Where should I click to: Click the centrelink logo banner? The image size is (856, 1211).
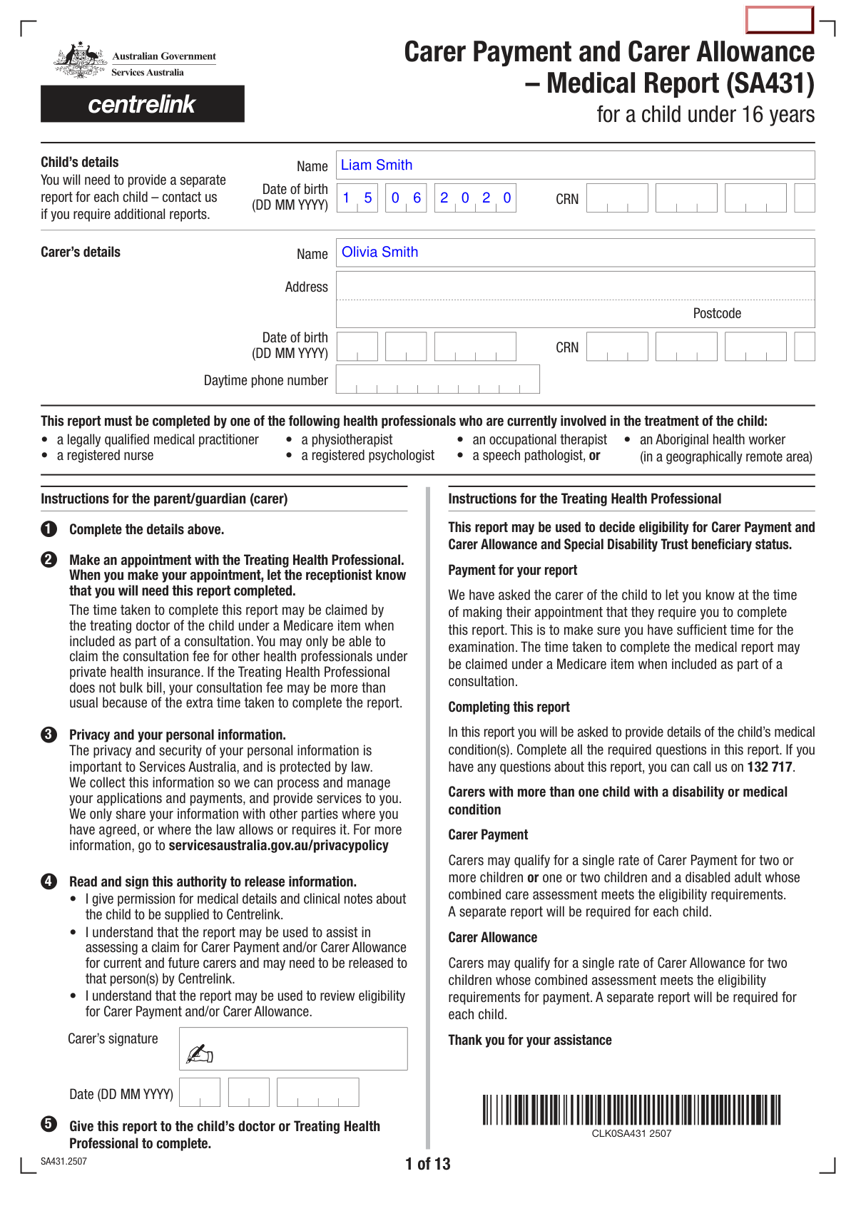pos(142,104)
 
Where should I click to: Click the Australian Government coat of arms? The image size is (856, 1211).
pos(80,61)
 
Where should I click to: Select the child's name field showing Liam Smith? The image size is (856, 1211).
pos(574,165)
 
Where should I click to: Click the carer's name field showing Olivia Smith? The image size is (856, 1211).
pos(574,252)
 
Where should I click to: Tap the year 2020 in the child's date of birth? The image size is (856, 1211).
pos(475,198)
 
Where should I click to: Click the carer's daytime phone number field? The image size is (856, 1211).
pos(437,379)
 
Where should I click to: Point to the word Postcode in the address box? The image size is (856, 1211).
pos(716,314)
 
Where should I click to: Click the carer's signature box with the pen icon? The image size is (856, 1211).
pos(293,1048)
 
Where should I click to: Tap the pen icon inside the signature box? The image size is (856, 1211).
pos(200,1053)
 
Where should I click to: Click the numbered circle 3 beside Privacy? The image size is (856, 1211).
pos(49,735)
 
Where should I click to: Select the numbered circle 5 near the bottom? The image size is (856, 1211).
pos(49,1124)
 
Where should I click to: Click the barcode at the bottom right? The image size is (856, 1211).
pos(631,1110)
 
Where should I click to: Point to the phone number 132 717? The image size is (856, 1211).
pos(770,767)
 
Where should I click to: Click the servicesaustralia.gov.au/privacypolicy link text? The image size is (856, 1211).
pos(278,846)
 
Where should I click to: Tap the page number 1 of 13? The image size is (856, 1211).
pos(427,1164)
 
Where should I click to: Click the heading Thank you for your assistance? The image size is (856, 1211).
pos(529,1040)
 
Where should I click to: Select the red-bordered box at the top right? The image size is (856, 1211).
pos(779,20)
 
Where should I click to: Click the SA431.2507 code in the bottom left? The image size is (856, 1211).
pos(63,1161)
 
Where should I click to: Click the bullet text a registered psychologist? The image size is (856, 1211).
pos(367,456)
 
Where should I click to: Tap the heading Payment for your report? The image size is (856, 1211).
pos(512,571)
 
